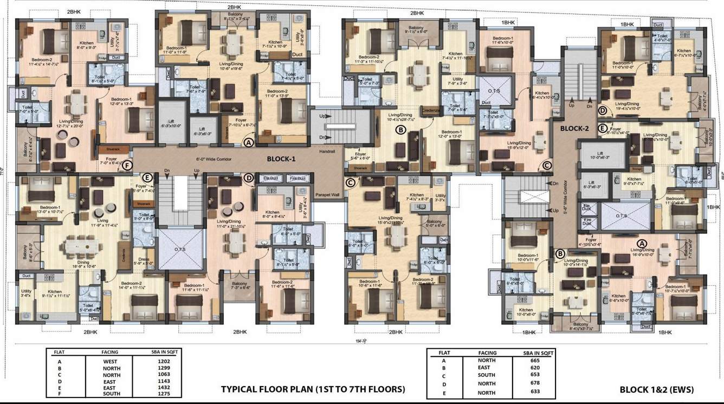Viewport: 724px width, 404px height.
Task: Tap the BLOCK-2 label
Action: click(x=574, y=129)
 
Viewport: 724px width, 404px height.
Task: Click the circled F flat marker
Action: click(x=127, y=165)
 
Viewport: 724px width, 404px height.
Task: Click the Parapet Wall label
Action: click(x=328, y=194)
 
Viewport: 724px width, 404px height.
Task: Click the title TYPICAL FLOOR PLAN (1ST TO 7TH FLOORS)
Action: click(x=313, y=389)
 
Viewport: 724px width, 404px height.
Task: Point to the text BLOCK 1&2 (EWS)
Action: click(x=656, y=389)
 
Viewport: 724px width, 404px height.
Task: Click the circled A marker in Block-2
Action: click(x=643, y=243)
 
